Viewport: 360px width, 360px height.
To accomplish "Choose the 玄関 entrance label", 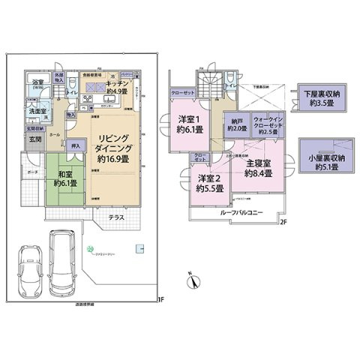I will pos(35,139).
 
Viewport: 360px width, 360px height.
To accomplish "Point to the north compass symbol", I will pos(192,281).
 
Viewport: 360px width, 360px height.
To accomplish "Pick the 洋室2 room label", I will pos(208,182).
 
